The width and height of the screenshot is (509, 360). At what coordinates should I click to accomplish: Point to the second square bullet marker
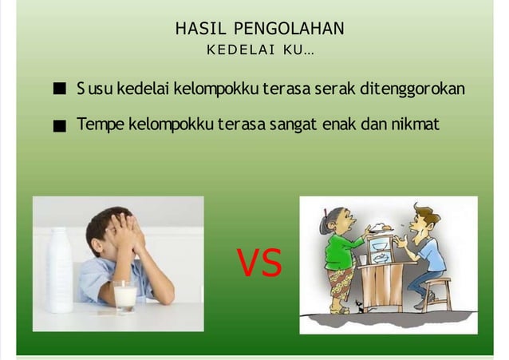[59, 126]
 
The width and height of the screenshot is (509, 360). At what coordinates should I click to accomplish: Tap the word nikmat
[415, 125]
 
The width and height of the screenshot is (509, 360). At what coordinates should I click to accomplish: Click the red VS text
[259, 265]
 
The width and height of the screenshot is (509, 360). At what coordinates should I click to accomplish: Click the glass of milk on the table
[124, 296]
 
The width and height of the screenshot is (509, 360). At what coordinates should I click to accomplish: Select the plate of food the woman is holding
[380, 229]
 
